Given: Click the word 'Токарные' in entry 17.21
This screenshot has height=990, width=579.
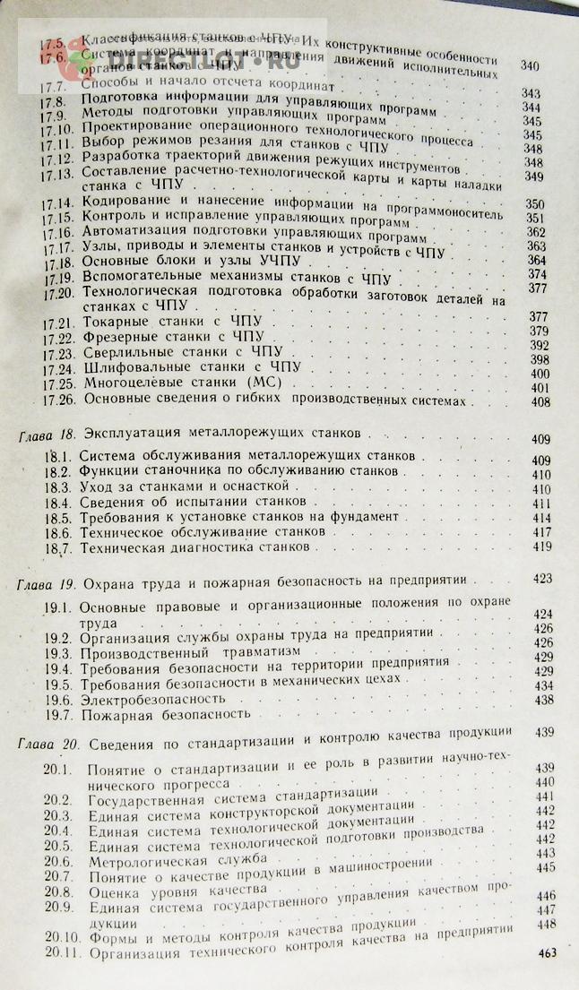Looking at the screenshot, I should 112,321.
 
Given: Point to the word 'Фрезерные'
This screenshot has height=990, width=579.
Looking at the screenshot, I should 117,336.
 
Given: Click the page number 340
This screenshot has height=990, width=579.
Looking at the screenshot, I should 531,66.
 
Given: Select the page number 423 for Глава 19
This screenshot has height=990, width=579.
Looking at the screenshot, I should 541,579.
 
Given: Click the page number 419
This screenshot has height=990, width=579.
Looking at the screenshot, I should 540,546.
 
